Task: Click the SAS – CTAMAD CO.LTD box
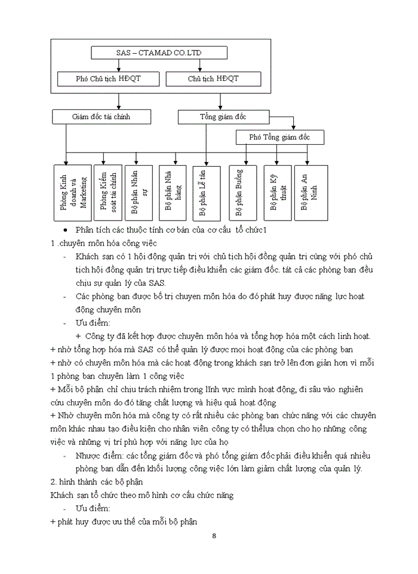[159, 53]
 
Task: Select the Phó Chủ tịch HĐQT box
[109, 79]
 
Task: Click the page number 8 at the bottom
[214, 535]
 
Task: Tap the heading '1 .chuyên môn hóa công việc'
[105, 242]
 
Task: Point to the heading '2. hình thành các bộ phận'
[99, 482]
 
